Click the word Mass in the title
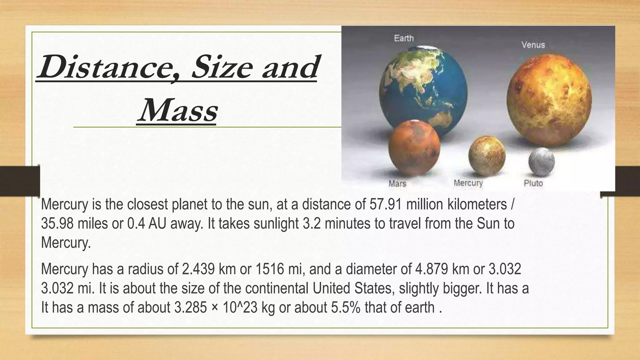pos(177,111)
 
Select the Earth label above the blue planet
pos(404,38)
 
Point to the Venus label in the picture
pos(533,45)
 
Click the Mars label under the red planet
pos(397,183)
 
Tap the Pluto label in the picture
pos(533,183)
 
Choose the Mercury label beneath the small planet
pos(468,183)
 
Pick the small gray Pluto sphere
pos(541,162)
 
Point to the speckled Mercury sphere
pos(487,155)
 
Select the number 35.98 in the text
pos(57,223)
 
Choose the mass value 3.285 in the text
pos(190,307)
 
